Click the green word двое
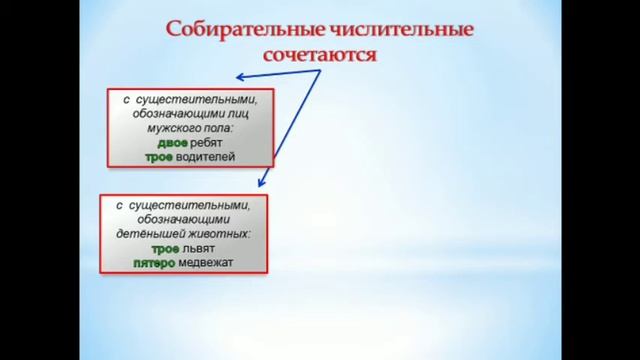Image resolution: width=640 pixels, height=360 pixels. pyautogui.click(x=159, y=143)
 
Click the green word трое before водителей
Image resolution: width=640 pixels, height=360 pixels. pyautogui.click(x=160, y=157)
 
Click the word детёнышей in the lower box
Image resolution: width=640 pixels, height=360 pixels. pyautogui.click(x=161, y=234)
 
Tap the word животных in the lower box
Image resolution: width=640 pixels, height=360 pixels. pyautogui.click(x=224, y=234)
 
